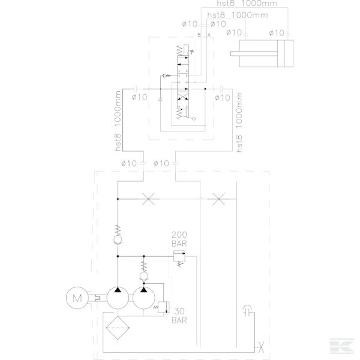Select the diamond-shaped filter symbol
[118, 329]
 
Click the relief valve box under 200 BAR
[178, 258]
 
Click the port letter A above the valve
[208, 36]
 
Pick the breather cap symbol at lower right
[247, 311]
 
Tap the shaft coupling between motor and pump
[95, 296]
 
